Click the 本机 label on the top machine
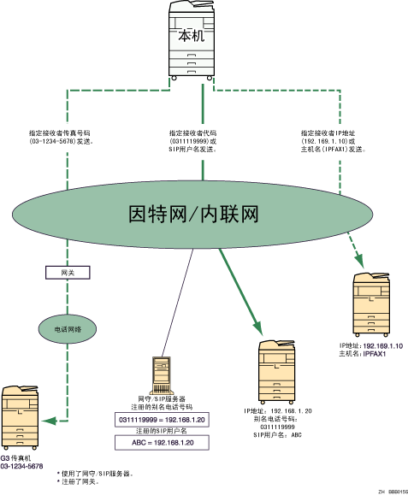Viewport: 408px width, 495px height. click(191, 37)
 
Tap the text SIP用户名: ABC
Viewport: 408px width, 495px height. click(279, 435)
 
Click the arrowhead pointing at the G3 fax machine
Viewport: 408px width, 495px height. click(51, 420)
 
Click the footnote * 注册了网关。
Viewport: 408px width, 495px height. click(79, 481)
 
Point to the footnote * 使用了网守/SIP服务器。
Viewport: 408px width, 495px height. click(94, 473)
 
